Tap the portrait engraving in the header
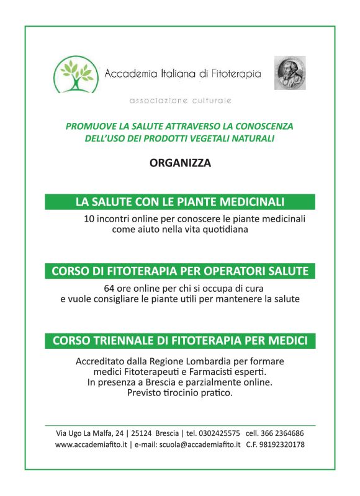click(x=290, y=73)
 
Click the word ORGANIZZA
click(x=180, y=163)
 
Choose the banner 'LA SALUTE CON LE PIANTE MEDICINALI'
click(x=180, y=202)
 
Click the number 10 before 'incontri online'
click(x=90, y=219)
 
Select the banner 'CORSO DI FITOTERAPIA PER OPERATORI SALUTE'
click(x=180, y=271)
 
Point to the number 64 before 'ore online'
click(x=109, y=289)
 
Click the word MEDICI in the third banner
click(x=289, y=341)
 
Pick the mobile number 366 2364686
click(x=283, y=433)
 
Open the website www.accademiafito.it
click(x=91, y=445)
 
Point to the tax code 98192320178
click(x=283, y=445)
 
